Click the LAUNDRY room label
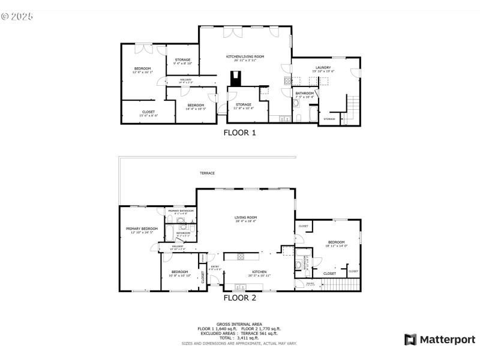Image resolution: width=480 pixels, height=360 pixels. (323, 68)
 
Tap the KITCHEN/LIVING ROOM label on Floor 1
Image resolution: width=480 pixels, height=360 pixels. (245, 56)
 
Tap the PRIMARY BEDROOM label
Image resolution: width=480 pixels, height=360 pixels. (142, 229)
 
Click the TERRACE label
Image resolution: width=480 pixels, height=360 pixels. (208, 173)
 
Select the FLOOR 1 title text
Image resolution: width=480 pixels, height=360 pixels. (239, 133)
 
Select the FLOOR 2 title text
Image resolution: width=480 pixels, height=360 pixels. (239, 297)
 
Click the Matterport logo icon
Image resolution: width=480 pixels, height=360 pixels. (411, 340)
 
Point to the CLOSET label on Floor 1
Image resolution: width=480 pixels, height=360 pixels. (148, 112)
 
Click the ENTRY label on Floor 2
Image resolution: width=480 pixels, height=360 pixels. (214, 266)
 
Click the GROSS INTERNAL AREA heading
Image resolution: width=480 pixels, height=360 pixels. (239, 324)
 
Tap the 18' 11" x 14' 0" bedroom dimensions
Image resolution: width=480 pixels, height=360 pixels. (337, 245)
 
